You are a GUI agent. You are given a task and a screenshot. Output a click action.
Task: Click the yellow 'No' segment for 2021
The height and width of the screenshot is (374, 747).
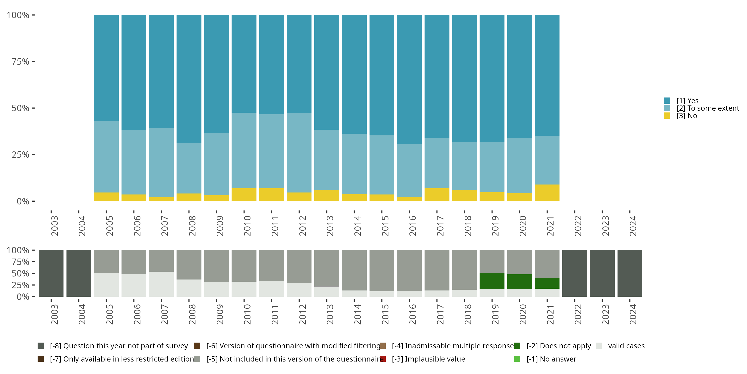tap(547, 193)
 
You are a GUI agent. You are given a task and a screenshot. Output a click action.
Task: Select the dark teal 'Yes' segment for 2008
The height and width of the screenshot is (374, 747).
tap(189, 78)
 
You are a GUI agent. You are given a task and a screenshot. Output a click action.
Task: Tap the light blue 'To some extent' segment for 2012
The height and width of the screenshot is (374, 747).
tap(299, 152)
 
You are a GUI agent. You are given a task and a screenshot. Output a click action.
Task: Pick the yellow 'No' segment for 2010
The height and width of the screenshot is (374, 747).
tap(244, 194)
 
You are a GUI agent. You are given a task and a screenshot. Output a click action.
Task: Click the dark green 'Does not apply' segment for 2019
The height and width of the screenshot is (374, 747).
tap(492, 281)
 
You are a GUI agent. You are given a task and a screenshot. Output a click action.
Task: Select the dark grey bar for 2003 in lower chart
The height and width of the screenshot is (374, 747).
tap(51, 273)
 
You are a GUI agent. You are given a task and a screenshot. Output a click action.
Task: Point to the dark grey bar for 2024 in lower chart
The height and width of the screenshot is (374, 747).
tap(629, 273)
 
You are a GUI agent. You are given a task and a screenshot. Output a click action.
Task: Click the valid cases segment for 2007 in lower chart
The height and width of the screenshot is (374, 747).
tap(161, 284)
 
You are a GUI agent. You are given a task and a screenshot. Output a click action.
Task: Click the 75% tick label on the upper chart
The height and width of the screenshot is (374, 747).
tap(20, 62)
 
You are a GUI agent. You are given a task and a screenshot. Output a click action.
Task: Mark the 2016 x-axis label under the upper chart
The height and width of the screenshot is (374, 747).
tap(412, 226)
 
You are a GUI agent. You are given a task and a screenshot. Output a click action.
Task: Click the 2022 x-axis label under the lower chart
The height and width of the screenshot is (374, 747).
tap(578, 314)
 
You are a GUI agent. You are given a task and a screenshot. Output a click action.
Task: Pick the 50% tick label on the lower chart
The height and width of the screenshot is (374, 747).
tap(20, 274)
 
